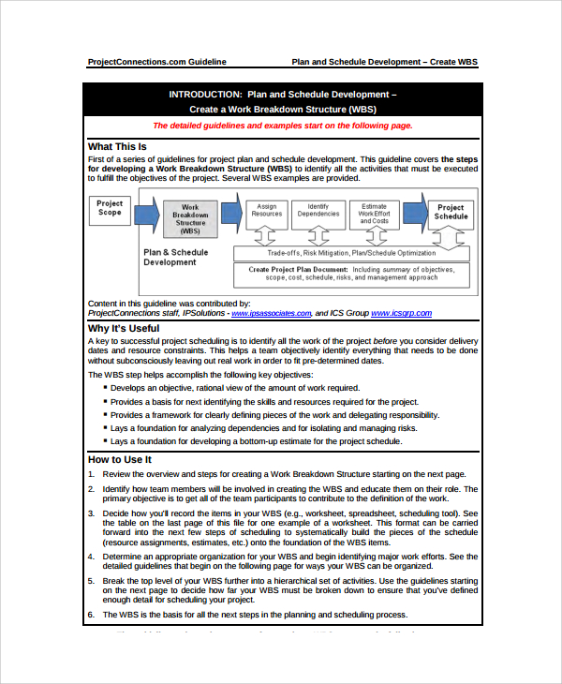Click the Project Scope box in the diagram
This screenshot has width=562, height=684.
(110, 209)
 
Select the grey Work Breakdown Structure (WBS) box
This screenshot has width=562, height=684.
(190, 218)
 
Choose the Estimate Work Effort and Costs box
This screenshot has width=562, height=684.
(374, 214)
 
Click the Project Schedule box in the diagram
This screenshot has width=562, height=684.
(451, 212)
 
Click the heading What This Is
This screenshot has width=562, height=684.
(117, 146)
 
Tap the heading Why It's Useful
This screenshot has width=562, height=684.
(123, 329)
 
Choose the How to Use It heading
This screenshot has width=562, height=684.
(119, 459)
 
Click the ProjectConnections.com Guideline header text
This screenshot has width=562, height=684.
(156, 62)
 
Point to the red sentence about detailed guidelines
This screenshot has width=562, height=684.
(282, 126)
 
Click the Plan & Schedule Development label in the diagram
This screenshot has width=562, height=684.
(176, 258)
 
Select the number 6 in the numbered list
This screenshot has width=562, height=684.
(91, 615)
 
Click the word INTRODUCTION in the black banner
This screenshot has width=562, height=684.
(205, 94)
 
